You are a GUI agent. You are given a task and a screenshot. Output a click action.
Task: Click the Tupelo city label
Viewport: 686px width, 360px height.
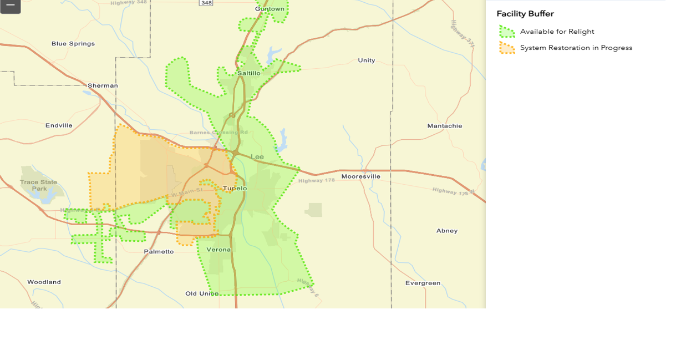coord(235,188)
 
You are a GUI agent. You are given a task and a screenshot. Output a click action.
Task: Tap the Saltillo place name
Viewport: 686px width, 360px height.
coord(248,73)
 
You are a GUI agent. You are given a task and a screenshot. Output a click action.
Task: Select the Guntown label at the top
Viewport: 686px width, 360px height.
coord(270,9)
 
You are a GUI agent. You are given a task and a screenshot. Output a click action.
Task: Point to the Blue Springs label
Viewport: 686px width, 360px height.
coord(73,44)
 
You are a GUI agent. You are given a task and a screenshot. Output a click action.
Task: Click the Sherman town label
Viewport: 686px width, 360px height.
coord(103,85)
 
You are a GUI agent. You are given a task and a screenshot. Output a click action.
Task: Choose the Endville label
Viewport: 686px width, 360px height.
coord(59,125)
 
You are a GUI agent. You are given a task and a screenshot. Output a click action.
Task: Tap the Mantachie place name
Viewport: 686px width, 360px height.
coord(444,126)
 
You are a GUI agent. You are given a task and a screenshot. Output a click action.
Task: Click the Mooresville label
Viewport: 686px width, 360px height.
coord(360,176)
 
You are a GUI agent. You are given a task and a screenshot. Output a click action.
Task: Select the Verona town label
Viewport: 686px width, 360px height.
coord(218,250)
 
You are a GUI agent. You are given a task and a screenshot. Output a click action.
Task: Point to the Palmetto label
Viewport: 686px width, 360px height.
coord(159,251)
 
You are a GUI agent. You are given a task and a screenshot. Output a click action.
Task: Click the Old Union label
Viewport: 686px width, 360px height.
coord(202,293)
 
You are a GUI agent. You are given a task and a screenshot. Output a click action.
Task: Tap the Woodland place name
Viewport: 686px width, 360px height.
coord(44,282)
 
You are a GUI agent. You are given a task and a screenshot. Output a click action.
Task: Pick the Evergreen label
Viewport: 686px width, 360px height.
coord(423,283)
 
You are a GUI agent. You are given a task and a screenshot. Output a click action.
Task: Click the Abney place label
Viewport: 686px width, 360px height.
coord(446,231)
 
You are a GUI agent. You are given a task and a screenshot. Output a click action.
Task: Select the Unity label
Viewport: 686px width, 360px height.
coord(367,60)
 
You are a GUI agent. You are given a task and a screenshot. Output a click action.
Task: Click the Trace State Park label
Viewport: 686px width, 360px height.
coord(39,185)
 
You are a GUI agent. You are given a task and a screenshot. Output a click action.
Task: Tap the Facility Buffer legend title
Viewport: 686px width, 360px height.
coord(525,14)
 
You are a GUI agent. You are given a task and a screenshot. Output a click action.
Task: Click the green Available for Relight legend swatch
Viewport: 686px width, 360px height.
coord(506,32)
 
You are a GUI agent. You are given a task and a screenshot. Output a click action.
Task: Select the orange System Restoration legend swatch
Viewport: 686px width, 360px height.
coord(506,48)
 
